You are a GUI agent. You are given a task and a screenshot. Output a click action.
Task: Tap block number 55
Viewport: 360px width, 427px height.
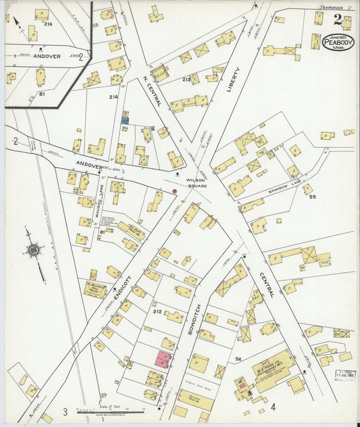tap(312, 197)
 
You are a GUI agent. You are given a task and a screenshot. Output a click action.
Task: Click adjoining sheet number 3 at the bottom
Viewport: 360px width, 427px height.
tap(66, 411)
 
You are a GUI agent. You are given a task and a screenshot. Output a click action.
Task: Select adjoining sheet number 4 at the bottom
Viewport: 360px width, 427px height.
tap(274, 408)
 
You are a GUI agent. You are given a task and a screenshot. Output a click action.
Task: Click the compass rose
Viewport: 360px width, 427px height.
tap(33, 250)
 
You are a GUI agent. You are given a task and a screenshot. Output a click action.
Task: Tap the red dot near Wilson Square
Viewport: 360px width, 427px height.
tap(174, 191)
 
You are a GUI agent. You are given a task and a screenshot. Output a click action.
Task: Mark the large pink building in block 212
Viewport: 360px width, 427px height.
tap(163, 359)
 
